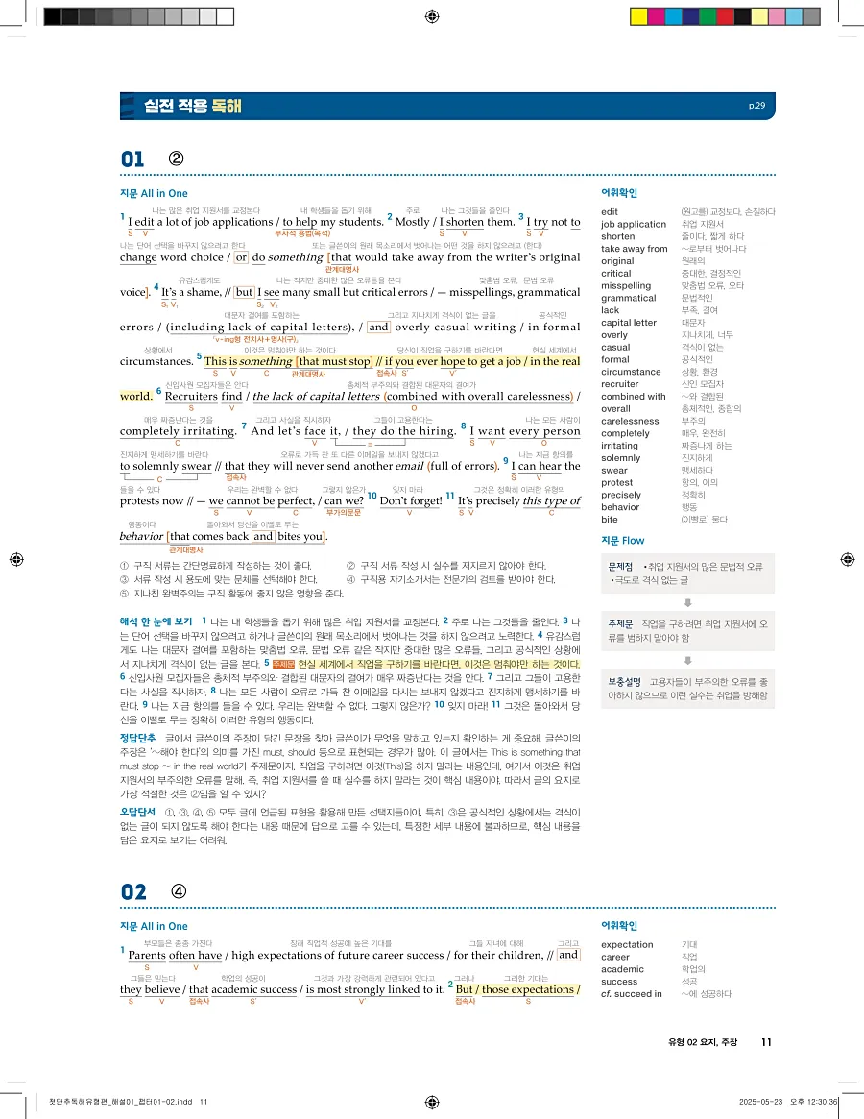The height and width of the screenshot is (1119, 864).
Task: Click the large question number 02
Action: [x=132, y=891]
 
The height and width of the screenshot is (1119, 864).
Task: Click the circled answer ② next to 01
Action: [x=176, y=158]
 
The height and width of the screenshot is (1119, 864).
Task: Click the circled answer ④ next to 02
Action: [x=178, y=890]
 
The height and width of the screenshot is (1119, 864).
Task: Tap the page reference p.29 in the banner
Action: [x=756, y=106]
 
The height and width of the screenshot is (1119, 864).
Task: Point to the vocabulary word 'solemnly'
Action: [x=620, y=457]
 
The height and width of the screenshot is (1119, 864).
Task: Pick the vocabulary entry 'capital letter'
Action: [x=629, y=323]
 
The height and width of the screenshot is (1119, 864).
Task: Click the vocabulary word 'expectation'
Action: [x=627, y=945]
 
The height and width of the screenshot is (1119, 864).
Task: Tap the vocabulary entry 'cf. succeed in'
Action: [x=631, y=994]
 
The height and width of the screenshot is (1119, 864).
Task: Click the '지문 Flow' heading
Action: [x=622, y=541]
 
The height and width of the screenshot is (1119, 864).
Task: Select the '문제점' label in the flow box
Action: [x=620, y=568]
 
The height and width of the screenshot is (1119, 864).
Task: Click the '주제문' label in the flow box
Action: [x=619, y=623]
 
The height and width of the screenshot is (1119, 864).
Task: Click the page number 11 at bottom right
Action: [x=765, y=1041]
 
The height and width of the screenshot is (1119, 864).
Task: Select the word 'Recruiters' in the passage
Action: [x=191, y=396]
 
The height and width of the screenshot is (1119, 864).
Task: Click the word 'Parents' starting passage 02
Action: [x=147, y=956]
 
